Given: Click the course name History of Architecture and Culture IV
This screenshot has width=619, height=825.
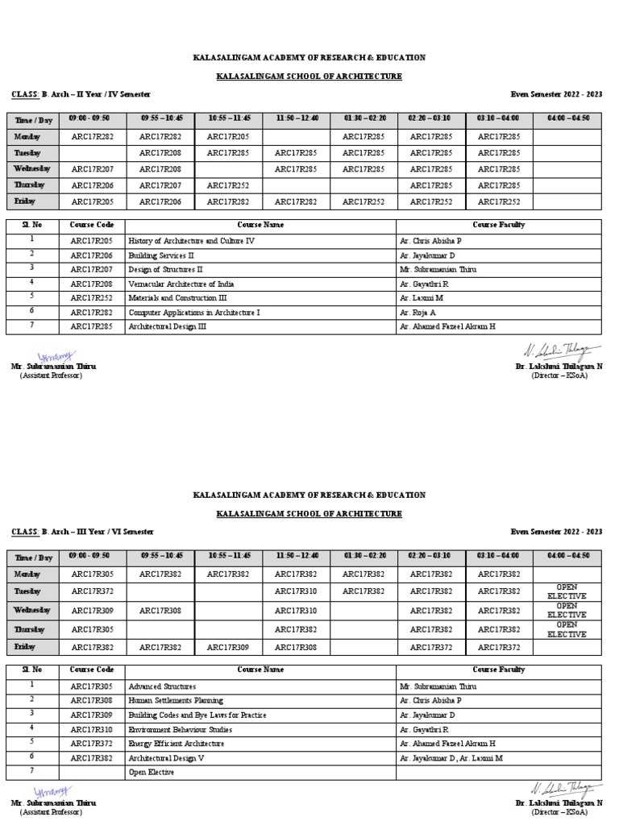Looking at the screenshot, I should click(192, 241).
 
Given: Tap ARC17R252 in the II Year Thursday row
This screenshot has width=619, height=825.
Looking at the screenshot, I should click(227, 185).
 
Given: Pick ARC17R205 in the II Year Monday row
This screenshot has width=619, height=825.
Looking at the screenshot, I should click(227, 137).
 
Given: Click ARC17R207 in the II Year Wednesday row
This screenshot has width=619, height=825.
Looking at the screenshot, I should click(92, 169).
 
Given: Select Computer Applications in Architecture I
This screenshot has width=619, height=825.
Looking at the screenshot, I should click(194, 312).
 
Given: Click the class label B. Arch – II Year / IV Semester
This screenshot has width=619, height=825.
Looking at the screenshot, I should click(96, 94).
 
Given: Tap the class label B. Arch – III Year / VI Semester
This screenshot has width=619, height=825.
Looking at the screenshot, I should click(97, 532).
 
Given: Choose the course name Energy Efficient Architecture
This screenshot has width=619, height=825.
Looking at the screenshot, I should click(177, 744).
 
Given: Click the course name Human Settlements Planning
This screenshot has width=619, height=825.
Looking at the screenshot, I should click(176, 701).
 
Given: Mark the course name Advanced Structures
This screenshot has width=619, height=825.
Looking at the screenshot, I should click(162, 686).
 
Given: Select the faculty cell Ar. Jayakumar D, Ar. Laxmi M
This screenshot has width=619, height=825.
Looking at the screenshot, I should click(451, 758).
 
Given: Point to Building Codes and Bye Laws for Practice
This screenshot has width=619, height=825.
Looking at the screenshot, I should click(197, 715).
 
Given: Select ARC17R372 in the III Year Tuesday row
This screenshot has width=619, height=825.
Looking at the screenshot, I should click(92, 591).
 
